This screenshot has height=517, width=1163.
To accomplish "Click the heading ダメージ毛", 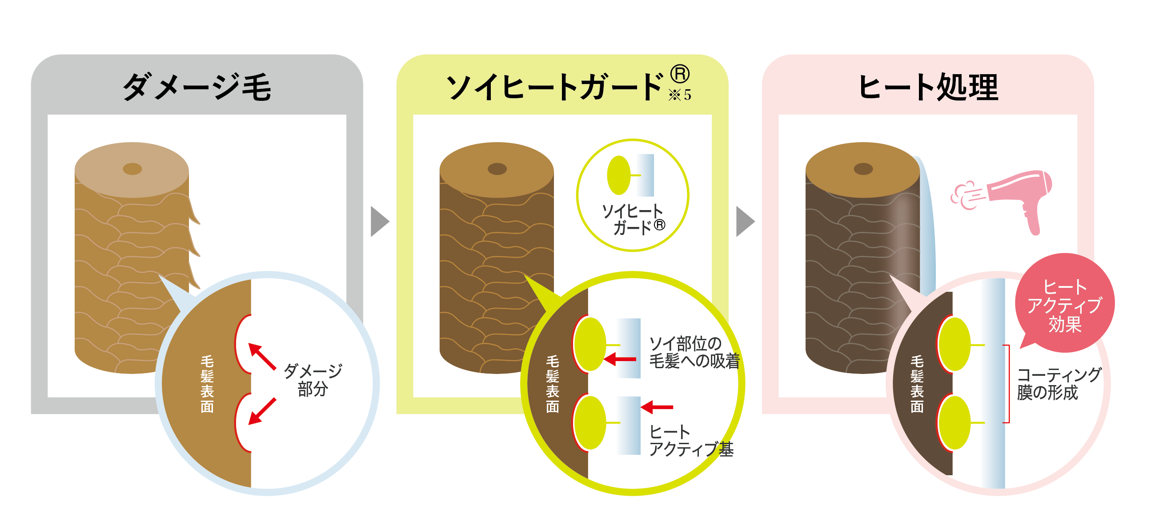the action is (x=197, y=87).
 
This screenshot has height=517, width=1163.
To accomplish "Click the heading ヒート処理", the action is (x=927, y=87).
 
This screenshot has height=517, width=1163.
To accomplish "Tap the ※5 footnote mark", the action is (x=679, y=95).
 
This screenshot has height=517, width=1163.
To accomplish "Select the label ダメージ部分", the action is (x=313, y=380).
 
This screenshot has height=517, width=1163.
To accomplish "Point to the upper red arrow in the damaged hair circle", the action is (x=262, y=356).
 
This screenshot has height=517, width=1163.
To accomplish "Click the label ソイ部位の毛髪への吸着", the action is (x=694, y=352).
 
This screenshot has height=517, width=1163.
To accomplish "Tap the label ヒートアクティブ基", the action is (x=691, y=441).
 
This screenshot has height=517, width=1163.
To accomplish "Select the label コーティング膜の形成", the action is (x=1059, y=383).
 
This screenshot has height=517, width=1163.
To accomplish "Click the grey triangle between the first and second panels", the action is (x=379, y=222).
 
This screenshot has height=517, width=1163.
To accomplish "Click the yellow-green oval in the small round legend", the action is (x=618, y=175).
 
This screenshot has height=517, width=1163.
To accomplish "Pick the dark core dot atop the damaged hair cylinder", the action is (x=132, y=169).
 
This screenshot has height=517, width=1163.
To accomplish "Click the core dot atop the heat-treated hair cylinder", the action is (x=863, y=169).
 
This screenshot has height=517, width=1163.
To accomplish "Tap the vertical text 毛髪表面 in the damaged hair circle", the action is (x=207, y=384).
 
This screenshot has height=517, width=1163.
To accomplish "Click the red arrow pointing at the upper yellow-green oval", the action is (x=620, y=359).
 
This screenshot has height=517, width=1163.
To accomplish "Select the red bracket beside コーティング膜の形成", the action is (x=1007, y=384).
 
